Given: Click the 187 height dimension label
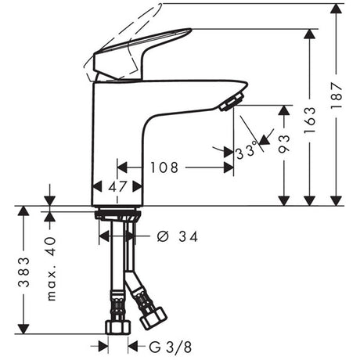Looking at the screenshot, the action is pos(337,95).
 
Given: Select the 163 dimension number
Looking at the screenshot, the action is pos(310,120).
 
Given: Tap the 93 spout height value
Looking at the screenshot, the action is pos(284,143).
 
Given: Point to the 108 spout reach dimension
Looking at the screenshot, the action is pos(164,167).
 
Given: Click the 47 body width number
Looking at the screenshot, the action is pos(117,186).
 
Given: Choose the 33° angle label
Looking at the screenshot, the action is pos(247,151).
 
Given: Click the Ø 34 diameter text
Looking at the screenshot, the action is pos(178,236).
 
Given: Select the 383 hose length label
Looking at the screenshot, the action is pos(23,272).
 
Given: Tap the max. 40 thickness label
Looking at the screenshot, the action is pos(51,268).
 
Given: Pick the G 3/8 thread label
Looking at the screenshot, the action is pos(171,347).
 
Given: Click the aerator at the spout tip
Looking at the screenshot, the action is pos(232,102).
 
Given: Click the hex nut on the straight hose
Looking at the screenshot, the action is pos(118,327).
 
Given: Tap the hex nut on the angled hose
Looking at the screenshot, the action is pos(153,318).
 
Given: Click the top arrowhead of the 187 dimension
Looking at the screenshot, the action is pos(337,9).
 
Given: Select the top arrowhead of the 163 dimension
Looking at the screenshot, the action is pos(310,34).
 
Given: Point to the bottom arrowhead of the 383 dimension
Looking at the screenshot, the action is pos(23,329).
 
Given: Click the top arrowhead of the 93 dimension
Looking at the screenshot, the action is pos(284,110).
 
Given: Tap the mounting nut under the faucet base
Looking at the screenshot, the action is pos(117,214).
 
